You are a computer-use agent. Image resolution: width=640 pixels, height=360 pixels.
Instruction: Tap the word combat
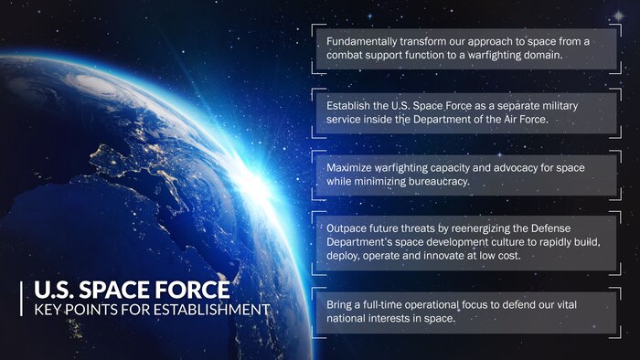click(x=347, y=56)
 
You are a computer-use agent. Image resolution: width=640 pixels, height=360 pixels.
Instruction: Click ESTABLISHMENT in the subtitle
click(x=212, y=311)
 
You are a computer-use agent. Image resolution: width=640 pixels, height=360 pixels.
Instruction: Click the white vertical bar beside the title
click(x=22, y=301)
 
